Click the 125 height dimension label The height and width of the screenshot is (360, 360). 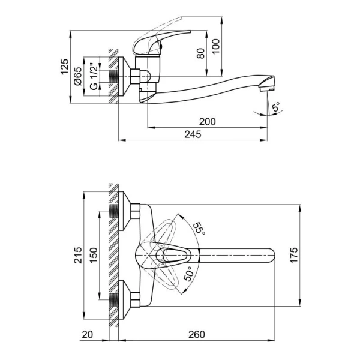click(x=65, y=67)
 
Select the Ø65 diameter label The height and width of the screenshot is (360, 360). click(x=78, y=76)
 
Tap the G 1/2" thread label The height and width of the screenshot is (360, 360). click(x=94, y=76)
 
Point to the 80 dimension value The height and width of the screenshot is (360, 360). click(x=200, y=53)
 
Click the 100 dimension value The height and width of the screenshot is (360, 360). click(x=215, y=46)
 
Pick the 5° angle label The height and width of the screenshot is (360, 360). click(x=276, y=107)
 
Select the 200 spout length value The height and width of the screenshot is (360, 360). click(x=208, y=121)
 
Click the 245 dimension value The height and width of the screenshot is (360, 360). click(x=193, y=134)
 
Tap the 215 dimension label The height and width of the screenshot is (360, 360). click(x=78, y=255)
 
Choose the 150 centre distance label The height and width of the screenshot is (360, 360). click(x=94, y=255)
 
